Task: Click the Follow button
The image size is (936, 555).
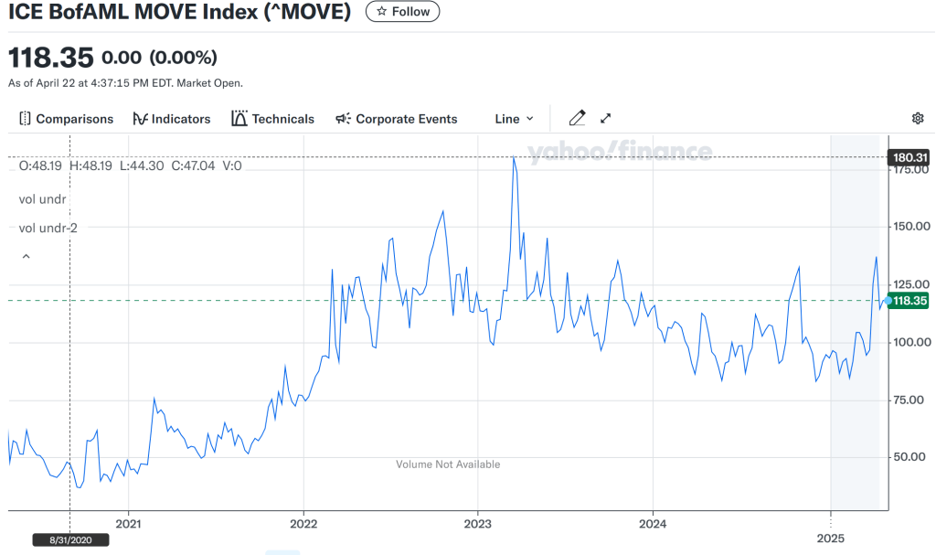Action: pyautogui.click(x=402, y=12)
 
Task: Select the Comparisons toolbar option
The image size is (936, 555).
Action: pyautogui.click(x=66, y=119)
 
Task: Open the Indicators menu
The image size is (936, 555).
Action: pyautogui.click(x=172, y=119)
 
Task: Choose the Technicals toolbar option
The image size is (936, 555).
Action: pyautogui.click(x=273, y=119)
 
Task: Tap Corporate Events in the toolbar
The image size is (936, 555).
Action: pyautogui.click(x=397, y=119)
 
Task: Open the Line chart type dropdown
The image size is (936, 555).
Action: pyautogui.click(x=514, y=119)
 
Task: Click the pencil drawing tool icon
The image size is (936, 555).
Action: pyautogui.click(x=577, y=118)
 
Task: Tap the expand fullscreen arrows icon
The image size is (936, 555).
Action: pyautogui.click(x=605, y=118)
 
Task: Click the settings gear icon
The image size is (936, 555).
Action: pyautogui.click(x=918, y=118)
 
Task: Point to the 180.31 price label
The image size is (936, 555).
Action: pyautogui.click(x=909, y=157)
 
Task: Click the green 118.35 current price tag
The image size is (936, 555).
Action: pyautogui.click(x=909, y=301)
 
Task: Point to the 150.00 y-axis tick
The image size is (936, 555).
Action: pyautogui.click(x=911, y=227)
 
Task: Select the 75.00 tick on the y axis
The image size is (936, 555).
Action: pyautogui.click(x=911, y=400)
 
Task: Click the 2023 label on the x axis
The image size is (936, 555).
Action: pyautogui.click(x=478, y=524)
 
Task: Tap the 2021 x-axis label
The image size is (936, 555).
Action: pyautogui.click(x=129, y=524)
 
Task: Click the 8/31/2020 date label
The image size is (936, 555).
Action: pyautogui.click(x=70, y=539)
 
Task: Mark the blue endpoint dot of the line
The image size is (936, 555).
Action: pyautogui.click(x=888, y=301)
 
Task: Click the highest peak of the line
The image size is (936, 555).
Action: pyautogui.click(x=514, y=157)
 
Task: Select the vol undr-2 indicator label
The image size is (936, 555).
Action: pyautogui.click(x=48, y=228)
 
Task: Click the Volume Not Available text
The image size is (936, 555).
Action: pyautogui.click(x=448, y=464)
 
